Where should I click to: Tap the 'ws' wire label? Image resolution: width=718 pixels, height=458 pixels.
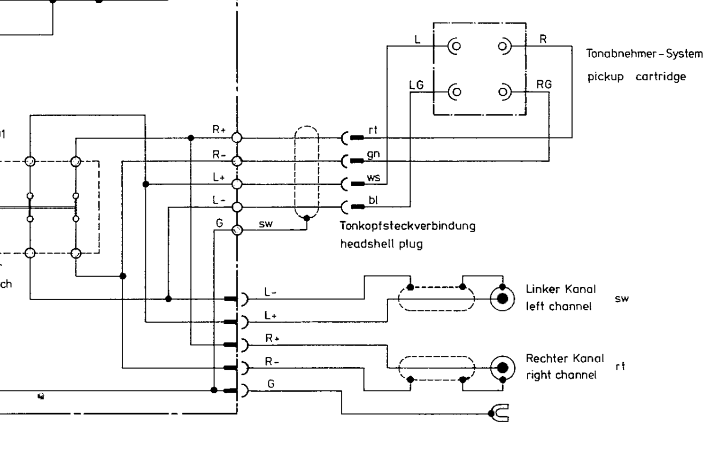[374, 177]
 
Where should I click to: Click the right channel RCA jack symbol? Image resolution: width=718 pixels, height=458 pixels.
[502, 367]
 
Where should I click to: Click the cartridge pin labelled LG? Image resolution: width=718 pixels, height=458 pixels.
[454, 90]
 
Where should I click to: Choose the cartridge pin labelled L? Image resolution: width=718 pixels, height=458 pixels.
[454, 47]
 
